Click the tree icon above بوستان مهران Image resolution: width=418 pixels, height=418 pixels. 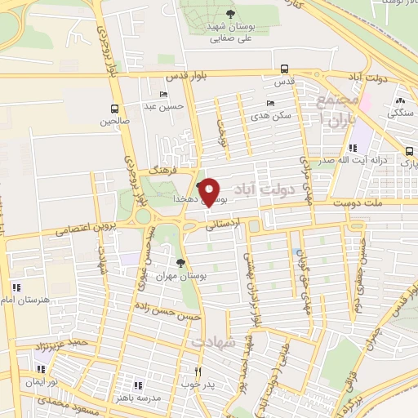(180, 263)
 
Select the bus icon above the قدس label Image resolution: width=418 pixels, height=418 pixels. (284, 69)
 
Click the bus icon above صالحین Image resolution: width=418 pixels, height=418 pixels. (114, 108)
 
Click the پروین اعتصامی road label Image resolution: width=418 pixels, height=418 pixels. (87, 228)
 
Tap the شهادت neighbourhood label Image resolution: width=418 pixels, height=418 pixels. (213, 342)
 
